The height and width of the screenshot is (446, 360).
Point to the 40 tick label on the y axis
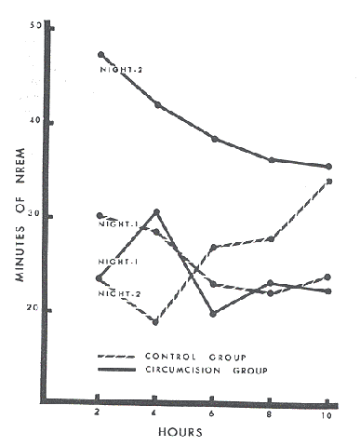click(x=36, y=122)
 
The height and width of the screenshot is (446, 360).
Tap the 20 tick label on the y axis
click(x=36, y=310)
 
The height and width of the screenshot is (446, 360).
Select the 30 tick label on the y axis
click(x=36, y=216)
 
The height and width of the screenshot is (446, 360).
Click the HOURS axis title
click(x=207, y=432)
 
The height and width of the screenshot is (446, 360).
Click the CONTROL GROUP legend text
click(x=183, y=357)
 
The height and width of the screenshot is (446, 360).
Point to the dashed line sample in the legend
click(x=116, y=357)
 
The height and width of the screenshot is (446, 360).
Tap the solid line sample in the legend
click(x=116, y=370)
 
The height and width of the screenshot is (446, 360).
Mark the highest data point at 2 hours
click(x=100, y=55)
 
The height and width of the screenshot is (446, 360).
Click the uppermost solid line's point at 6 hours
click(x=215, y=139)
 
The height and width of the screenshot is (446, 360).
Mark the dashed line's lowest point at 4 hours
click(x=155, y=322)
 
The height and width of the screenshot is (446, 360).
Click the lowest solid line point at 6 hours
click(x=213, y=314)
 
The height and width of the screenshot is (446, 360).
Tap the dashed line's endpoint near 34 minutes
click(x=330, y=181)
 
